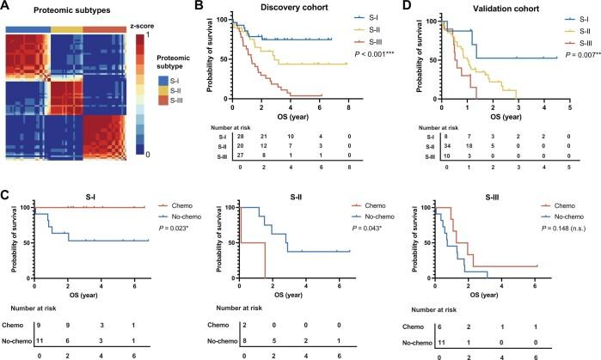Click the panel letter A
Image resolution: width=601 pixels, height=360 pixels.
pyautogui.click(x=6, y=7)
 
